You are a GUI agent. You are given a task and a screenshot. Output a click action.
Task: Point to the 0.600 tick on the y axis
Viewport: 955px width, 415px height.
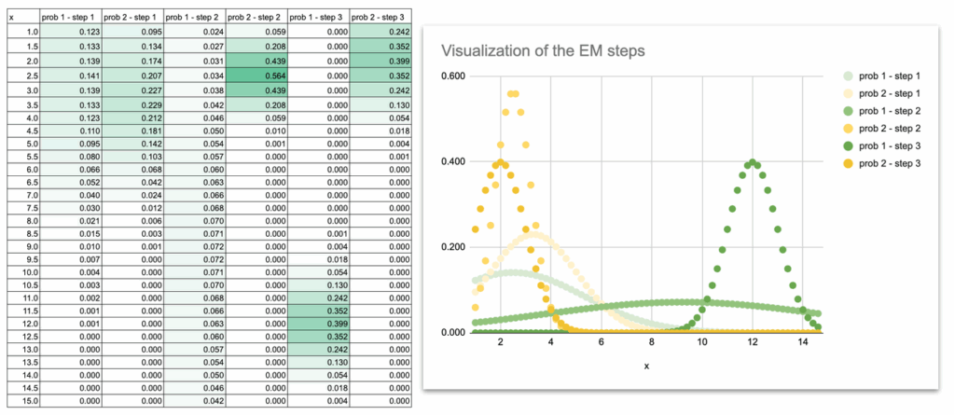click(454, 76)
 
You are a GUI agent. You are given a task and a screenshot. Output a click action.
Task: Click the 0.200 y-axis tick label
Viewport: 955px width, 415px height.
click(454, 247)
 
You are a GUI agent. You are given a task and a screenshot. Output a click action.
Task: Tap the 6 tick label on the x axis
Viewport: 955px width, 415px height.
click(602, 343)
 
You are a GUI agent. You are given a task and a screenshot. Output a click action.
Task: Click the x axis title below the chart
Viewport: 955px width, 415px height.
click(646, 366)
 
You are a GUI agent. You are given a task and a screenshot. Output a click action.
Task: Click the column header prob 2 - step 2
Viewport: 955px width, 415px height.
click(256, 18)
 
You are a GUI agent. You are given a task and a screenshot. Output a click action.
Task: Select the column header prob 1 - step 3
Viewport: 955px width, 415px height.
click(317, 18)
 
